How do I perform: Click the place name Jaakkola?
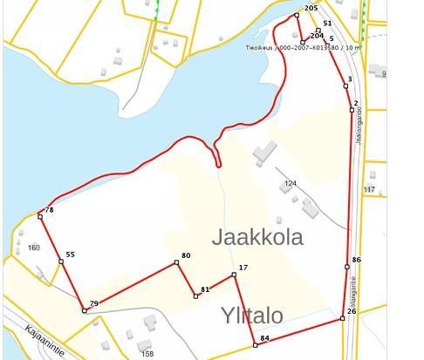pos(257,237)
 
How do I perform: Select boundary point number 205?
pos(311,8)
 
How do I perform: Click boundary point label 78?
pos(50,210)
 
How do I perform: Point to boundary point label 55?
pos(70,255)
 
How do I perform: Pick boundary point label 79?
pos(93,303)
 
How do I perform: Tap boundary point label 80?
pos(186,256)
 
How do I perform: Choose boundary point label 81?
pos(205,289)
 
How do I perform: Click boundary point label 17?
pos(243,268)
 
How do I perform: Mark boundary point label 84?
pos(264,337)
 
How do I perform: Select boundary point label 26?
pos(352,311)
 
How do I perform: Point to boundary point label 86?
pos(356,260)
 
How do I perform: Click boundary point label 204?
pos(317,36)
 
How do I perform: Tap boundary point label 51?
pos(327,24)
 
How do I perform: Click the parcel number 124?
pos(291,184)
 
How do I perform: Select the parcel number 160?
pos(34,248)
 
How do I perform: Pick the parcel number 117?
pos(369,189)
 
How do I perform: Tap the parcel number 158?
pos(147,354)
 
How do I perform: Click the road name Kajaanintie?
pos(44,334)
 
